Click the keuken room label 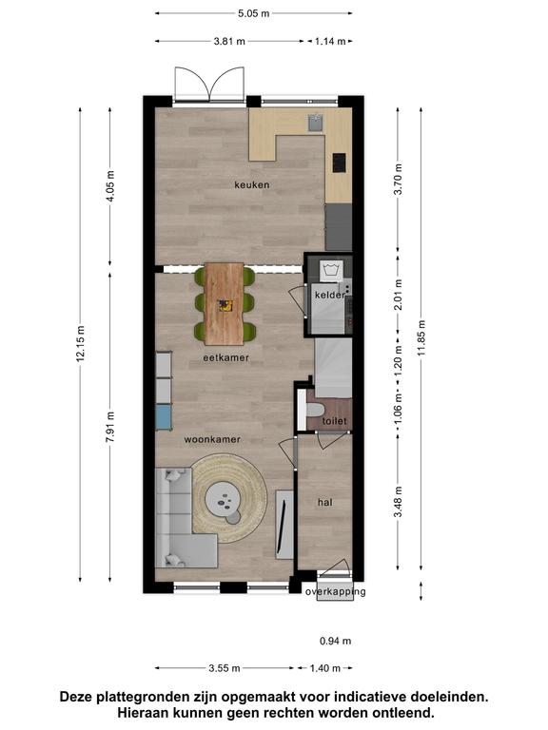pos(251,184)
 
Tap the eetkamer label pos(226,358)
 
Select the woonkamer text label pos(212,439)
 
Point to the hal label pos(324,502)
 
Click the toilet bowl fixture pos(315,411)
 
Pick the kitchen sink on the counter pos(316,123)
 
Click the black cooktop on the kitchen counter pos(340,163)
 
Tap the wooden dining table pos(225,304)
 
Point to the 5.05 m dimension pos(253,13)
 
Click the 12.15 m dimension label pos(81,343)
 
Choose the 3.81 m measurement pos(229,42)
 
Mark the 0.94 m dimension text pos(336,641)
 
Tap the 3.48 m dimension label pos(398,502)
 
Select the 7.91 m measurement pos(110,427)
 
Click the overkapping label pos(336,592)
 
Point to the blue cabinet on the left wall pos(164,416)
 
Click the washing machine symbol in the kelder pos(331,271)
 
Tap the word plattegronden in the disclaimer pos(157,697)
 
